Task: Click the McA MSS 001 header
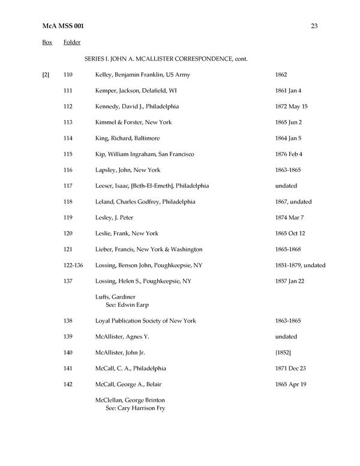[x=59, y=26]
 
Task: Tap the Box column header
[x=47, y=43]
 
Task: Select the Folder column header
[x=72, y=43]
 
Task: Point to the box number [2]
[x=46, y=74]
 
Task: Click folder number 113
[x=68, y=123]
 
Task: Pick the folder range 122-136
[x=73, y=265]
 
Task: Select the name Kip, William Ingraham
[x=124, y=154]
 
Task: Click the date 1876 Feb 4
[x=289, y=154]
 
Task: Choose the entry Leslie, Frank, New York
[x=127, y=234]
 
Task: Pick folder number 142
[x=68, y=384]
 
